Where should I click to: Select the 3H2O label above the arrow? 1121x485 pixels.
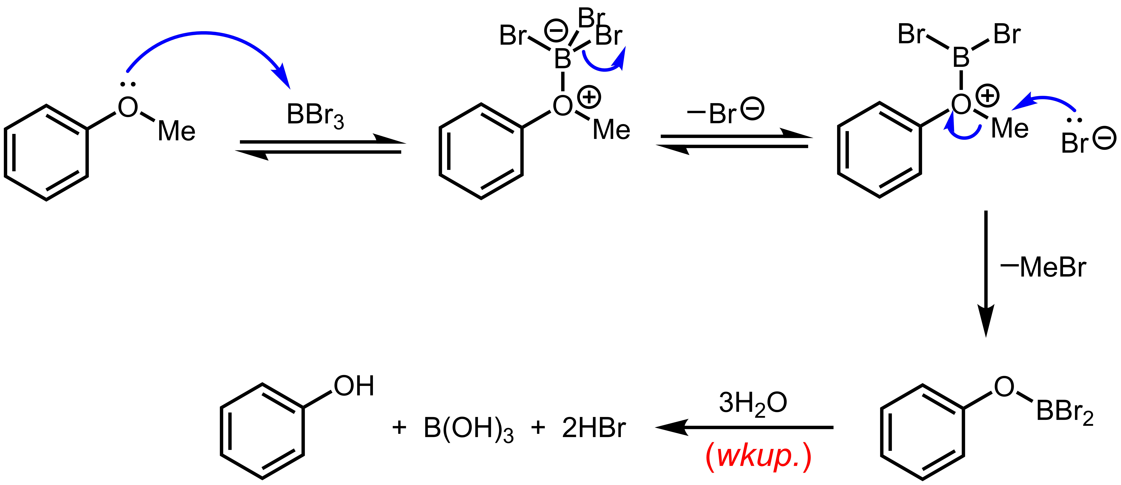click(x=753, y=403)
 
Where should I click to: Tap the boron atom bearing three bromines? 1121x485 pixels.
click(x=563, y=59)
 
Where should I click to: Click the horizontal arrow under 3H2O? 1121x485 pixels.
click(x=744, y=428)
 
